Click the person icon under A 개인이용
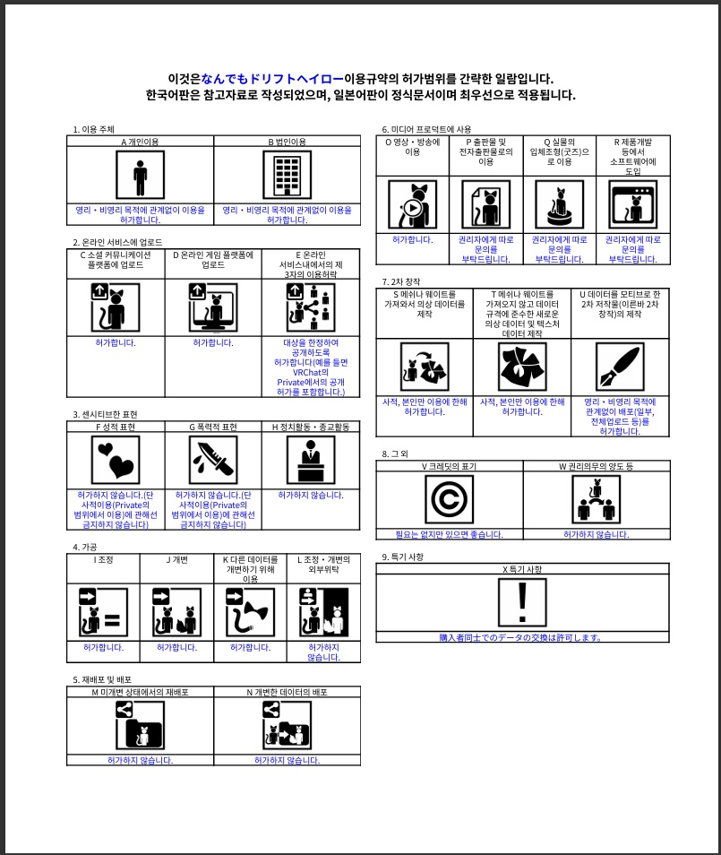140,174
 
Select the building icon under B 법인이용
287,174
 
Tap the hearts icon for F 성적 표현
116,459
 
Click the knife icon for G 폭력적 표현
213,459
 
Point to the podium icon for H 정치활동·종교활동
311,459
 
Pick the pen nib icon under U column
620,367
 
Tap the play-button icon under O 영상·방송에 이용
412,203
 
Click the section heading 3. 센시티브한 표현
105,414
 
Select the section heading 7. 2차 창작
400,282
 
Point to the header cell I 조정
103,559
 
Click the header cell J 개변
176,559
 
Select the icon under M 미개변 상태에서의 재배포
140,725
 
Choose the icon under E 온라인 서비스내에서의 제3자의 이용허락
311,307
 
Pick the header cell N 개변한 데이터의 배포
287,692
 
